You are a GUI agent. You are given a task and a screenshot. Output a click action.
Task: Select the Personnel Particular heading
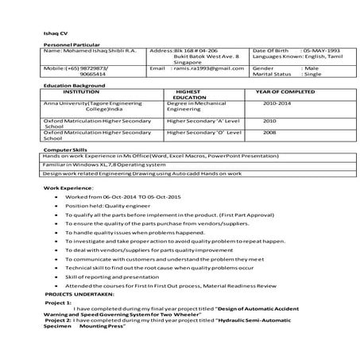pos(68,45)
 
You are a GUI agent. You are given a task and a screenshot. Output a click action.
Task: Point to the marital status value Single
pos(312,76)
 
